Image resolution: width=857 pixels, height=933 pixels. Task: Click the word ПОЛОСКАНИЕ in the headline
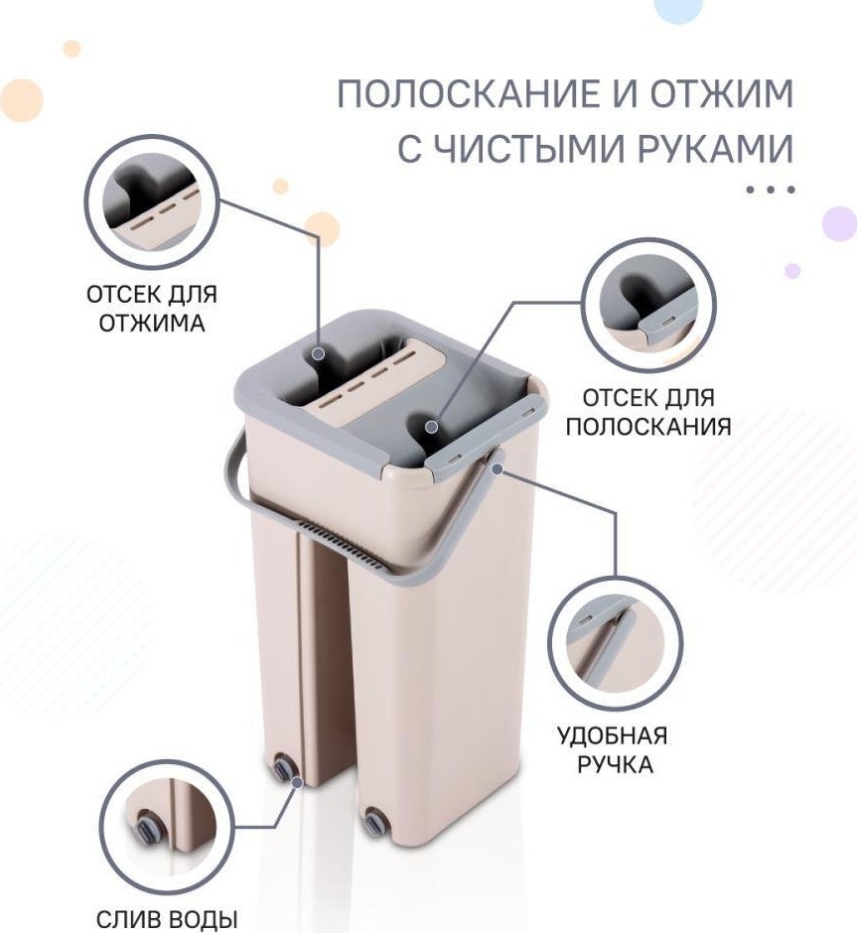pos(478,93)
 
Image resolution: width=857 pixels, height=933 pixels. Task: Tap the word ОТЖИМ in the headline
pos(722,93)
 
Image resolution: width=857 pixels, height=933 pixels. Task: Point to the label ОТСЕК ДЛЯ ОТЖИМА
pos(152,309)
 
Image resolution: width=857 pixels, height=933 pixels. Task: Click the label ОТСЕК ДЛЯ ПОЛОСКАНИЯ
pos(648,412)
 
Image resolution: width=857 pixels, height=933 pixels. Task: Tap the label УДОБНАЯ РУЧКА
pos(613,749)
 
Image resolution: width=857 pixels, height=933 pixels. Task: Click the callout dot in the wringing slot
pos(319,353)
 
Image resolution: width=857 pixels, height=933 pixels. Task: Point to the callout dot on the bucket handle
pos(497,468)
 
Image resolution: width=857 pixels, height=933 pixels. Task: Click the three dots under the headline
pos(771,190)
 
